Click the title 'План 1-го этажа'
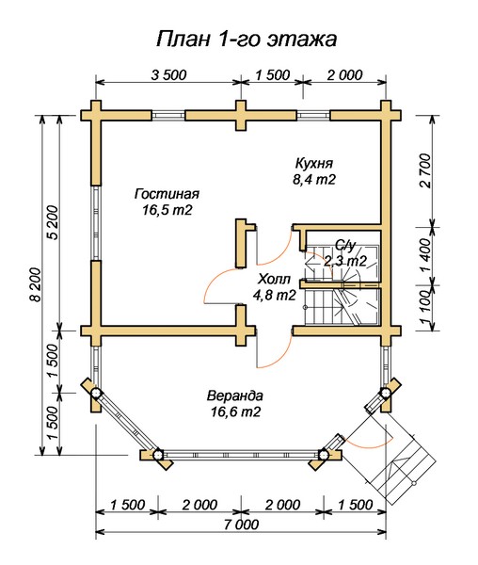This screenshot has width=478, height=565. click(247, 39)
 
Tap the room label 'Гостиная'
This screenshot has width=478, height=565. click(167, 194)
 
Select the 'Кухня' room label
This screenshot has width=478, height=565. click(314, 163)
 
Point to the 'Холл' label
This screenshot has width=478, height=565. click(274, 280)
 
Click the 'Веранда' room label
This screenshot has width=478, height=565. click(234, 395)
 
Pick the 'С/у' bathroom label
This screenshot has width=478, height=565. click(345, 246)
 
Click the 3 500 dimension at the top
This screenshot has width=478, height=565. click(168, 75)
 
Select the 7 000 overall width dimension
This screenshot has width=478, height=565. click(241, 525)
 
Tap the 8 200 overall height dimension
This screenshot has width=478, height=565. click(36, 284)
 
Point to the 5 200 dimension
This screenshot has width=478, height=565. click(52, 222)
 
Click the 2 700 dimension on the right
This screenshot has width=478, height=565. click(425, 170)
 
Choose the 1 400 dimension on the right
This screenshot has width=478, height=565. click(425, 255)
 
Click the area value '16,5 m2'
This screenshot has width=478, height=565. click(167, 210)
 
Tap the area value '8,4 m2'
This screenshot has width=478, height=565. click(314, 180)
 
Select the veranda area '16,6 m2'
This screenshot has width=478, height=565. click(235, 412)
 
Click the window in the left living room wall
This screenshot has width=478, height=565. click(96, 222)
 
